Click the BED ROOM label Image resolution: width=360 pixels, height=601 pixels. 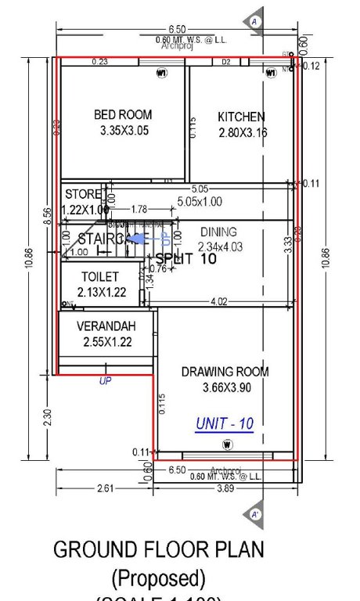coord(123,115)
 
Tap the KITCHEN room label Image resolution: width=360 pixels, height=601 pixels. coord(241,117)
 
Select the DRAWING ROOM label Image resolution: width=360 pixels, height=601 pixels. coord(225,372)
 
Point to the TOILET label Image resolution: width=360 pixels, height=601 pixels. coord(100,277)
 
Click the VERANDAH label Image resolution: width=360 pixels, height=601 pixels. coord(106,326)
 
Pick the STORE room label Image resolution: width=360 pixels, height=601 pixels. coord(83,194)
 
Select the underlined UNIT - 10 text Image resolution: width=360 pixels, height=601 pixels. coord(225,424)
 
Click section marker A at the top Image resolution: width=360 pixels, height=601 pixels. coord(255,22)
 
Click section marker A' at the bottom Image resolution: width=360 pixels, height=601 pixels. coord(255,514)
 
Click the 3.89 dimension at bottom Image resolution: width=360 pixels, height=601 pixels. coord(225,488)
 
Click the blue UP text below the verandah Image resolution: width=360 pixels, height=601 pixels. coord(104,381)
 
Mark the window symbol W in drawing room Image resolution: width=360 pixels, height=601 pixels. coord(227,444)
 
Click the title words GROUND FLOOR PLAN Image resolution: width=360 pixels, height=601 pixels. coord(158,549)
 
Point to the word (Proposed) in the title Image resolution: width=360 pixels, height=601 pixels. coord(158,578)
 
